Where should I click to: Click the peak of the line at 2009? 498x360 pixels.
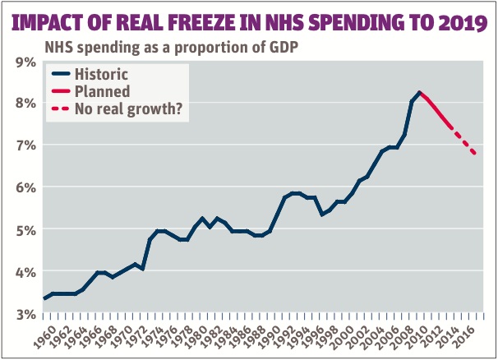(419, 92)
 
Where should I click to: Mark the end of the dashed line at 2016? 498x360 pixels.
(475, 154)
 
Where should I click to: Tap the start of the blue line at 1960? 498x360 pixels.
(44, 298)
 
